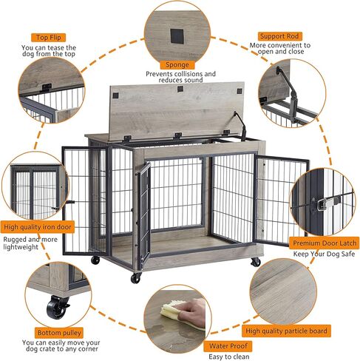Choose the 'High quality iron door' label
pyautogui.click(x=38, y=227)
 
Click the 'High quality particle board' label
pyautogui.click(x=286, y=331)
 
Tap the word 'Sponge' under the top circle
pyautogui.click(x=180, y=64)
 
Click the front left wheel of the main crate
pyautogui.click(x=137, y=278)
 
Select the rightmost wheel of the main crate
pyautogui.click(x=256, y=261)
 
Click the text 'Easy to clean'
pyautogui.click(x=230, y=357)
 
